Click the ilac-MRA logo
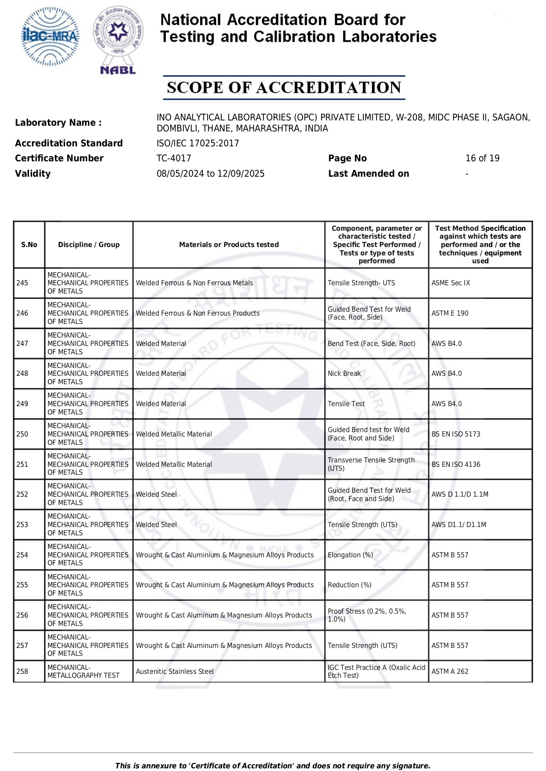50,36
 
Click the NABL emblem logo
118,40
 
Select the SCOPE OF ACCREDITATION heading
284,87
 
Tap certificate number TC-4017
174,158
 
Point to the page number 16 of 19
482,158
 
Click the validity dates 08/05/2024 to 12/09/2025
210,174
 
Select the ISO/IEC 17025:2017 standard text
198,143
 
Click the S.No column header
29,245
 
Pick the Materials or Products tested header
229,245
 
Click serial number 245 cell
22,283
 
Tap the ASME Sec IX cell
451,283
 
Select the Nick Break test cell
344,374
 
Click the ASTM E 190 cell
450,313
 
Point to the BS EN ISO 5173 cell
456,434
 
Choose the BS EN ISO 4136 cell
456,465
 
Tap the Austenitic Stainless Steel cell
175,672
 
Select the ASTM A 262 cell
450,672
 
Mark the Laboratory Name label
58,123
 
